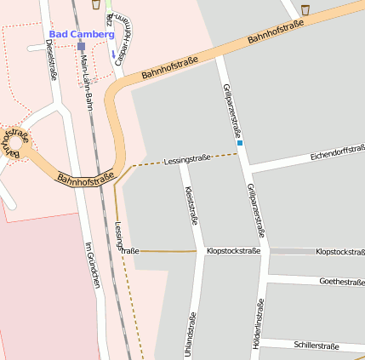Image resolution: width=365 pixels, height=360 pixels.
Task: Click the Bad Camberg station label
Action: point(81,34)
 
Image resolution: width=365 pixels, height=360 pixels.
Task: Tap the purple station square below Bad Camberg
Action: point(81,47)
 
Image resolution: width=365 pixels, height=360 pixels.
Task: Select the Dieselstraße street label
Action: point(52,62)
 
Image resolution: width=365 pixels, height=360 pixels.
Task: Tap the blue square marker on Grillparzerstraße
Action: point(240,143)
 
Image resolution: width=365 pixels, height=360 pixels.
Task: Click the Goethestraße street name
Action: point(341,281)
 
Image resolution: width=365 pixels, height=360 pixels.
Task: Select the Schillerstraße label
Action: point(316,346)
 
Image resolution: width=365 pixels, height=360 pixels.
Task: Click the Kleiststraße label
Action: point(191,204)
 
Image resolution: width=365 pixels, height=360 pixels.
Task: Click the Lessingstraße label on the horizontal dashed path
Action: point(187,159)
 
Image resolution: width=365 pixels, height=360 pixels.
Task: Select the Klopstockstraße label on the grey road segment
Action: point(339,252)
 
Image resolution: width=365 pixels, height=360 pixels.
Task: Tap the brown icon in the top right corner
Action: point(305,9)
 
